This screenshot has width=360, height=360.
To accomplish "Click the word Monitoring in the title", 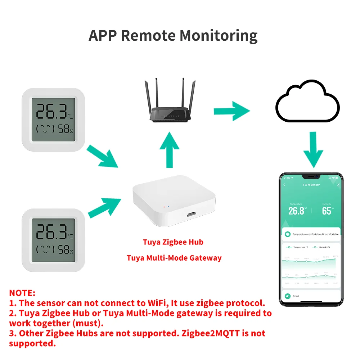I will pos(219,36).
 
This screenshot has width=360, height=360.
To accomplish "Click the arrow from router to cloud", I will pos(232,111).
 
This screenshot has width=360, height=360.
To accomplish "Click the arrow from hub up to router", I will pos(169,149).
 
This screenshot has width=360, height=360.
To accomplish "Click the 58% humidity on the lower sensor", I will pos(66,249).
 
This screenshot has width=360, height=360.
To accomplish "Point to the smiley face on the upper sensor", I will pos(45,129).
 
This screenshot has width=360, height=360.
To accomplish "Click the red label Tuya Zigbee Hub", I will pos(173,242).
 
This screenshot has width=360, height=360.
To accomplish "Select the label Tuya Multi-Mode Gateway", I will pos(174,258).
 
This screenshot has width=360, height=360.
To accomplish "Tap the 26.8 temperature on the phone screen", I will pos(296,211).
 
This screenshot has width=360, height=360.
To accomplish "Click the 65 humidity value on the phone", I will pos(326,211).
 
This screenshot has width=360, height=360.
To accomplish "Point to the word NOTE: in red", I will pos(22,293).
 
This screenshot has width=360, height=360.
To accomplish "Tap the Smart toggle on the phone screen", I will pos(288,296).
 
